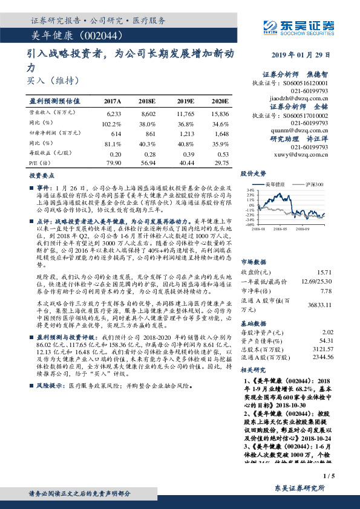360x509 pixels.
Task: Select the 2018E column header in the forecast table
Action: (148, 100)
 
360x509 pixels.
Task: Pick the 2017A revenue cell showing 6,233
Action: (113, 113)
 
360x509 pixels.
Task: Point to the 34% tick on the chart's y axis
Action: (250, 189)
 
